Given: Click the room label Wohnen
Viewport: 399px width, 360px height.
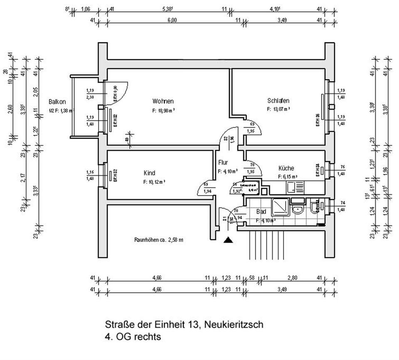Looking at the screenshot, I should [163, 101].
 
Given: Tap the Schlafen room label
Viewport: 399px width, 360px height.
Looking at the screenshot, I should [278, 100].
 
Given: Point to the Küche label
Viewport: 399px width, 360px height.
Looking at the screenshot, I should [286, 168].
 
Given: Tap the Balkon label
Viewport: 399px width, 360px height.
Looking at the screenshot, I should [57, 101].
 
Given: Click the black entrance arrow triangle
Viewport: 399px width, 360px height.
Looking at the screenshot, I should [228, 240].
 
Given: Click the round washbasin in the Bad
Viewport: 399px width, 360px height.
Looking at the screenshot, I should [297, 209].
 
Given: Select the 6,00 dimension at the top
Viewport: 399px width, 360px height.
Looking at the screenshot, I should [172, 20].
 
